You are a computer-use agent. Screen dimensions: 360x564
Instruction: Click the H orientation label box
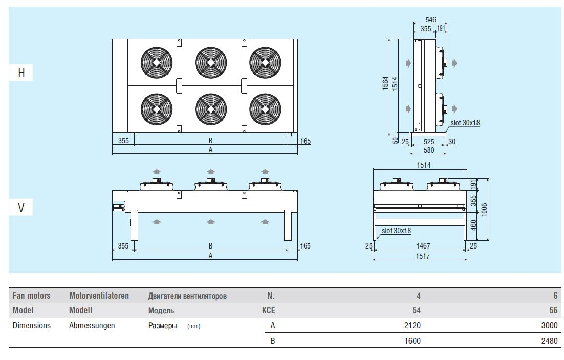tap(21, 73)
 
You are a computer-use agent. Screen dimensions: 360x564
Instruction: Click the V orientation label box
tap(21, 208)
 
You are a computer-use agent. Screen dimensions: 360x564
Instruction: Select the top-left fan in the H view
tap(156, 62)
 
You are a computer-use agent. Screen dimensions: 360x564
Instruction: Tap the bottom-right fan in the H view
tap(265, 108)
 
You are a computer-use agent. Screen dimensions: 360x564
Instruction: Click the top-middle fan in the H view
tap(210, 62)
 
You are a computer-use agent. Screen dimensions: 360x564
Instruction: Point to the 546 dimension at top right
tap(430, 20)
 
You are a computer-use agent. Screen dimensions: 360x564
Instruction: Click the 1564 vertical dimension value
tap(385, 84)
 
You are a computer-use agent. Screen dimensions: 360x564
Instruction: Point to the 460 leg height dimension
tap(473, 224)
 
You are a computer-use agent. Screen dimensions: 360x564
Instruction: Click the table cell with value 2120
tap(412, 326)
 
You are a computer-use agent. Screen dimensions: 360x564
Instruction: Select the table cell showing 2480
tap(549, 341)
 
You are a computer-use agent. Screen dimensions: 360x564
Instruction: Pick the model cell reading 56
tap(553, 310)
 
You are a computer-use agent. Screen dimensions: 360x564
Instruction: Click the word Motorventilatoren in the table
tap(99, 296)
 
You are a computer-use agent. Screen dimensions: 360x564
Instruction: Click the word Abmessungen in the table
tap(92, 326)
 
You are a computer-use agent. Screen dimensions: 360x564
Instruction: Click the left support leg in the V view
tap(135, 225)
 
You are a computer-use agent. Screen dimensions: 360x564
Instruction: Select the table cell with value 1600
tap(412, 341)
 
